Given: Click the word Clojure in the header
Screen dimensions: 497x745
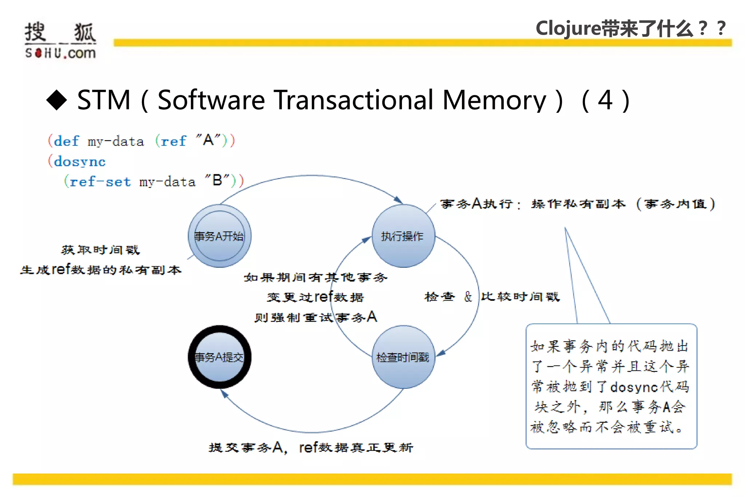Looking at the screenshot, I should coord(568,28).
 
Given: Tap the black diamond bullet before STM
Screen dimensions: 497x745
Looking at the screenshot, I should coord(57,100).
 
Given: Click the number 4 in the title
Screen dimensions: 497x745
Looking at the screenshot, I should coord(605,100).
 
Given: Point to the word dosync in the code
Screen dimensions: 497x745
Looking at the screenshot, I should coord(80,161).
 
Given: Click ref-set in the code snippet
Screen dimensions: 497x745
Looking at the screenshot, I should coord(100,181).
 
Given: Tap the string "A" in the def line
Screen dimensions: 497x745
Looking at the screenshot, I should coord(208,140).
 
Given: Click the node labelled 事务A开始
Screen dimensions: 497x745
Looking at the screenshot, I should coord(219,236).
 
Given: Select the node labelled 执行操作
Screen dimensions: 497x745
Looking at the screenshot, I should coord(403,236).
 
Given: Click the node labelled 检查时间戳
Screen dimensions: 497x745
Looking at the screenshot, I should coord(403,357).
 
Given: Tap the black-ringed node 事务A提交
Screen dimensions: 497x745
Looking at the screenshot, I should coord(219,357).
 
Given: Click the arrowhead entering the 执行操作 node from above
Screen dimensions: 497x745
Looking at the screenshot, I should coord(399,200).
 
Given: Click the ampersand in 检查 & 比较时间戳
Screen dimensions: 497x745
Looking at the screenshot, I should coord(468,297).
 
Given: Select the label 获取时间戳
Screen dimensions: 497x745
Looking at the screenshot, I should coord(100,250).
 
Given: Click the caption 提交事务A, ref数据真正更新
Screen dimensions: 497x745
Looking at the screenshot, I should coord(311,448).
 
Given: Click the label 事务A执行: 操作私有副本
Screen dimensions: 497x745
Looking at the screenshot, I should coord(533,204).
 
